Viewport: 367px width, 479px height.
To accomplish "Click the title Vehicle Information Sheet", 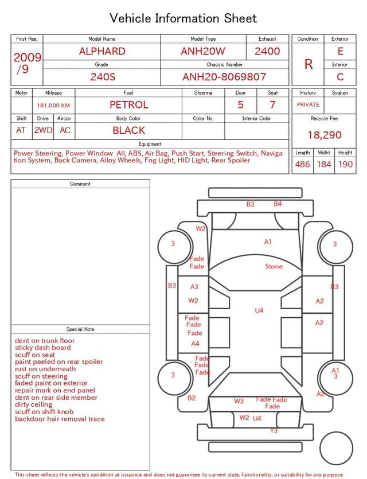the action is (183, 18).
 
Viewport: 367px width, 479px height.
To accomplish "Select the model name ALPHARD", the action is (102, 51).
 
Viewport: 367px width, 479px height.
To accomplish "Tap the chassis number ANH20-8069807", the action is (224, 77).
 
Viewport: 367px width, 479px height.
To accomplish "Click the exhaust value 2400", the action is (267, 51).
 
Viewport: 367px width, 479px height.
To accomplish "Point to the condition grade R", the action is (309, 64).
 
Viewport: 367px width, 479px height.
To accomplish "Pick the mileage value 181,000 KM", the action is (53, 106).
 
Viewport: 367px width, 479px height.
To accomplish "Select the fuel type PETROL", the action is (129, 105).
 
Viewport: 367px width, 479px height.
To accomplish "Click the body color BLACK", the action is (129, 130).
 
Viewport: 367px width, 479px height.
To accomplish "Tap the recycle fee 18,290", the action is (324, 135).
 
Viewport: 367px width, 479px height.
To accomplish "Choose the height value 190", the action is (345, 164).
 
